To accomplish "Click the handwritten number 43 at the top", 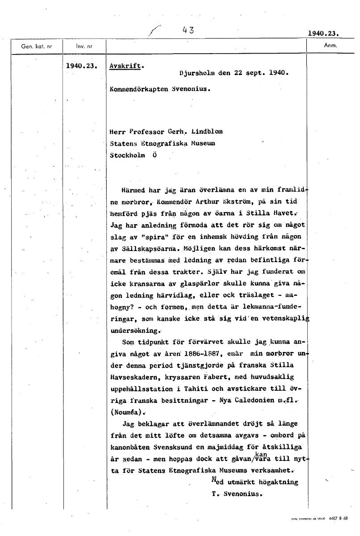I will click(x=188, y=30).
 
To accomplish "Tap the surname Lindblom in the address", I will click(x=206, y=132).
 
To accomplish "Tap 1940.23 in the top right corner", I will click(x=322, y=33).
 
